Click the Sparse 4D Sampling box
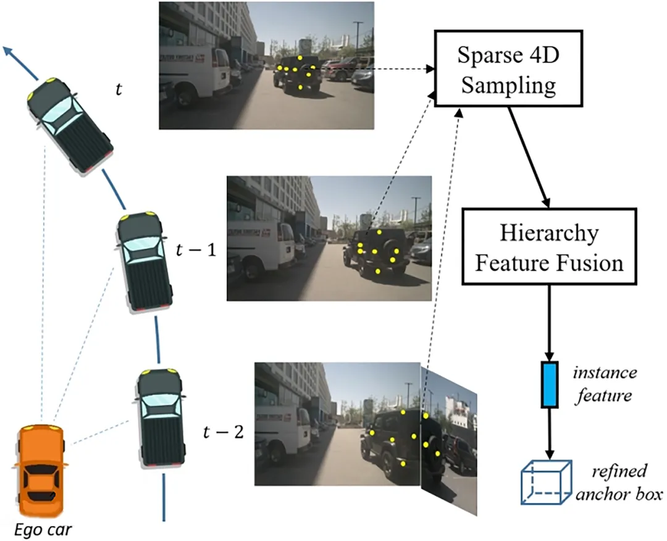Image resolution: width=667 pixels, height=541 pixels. (508, 69)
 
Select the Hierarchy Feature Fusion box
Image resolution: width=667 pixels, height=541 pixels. (549, 246)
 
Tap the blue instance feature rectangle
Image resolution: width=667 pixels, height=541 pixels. (549, 385)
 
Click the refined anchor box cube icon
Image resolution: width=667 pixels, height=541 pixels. (546, 482)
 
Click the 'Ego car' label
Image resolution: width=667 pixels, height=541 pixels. (43, 530)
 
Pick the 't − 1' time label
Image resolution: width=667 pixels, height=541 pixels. (196, 250)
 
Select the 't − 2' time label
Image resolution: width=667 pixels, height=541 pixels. (224, 432)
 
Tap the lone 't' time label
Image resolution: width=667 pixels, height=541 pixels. (119, 89)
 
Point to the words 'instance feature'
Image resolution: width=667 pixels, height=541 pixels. (604, 384)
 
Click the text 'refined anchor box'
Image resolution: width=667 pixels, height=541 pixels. (619, 483)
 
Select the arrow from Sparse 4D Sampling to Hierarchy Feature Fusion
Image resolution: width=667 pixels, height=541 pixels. (529, 157)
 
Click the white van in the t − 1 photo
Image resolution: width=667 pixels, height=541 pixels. (261, 245)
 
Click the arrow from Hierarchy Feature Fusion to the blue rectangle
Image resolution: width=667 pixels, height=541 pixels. (549, 323)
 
